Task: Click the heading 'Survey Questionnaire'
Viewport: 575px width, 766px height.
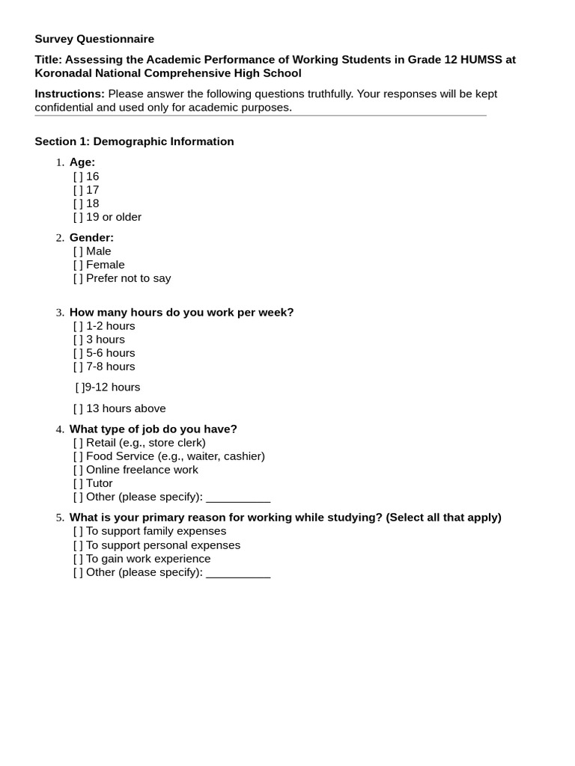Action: click(x=94, y=39)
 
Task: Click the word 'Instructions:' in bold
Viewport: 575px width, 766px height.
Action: click(x=70, y=94)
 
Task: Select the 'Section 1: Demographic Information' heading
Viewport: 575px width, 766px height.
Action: click(x=134, y=141)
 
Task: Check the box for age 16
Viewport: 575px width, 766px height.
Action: click(x=78, y=177)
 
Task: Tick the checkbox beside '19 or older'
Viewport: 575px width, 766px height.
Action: click(x=78, y=217)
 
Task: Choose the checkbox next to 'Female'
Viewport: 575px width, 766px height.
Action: click(x=78, y=265)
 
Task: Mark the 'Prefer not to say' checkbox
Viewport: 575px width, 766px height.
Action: click(x=78, y=278)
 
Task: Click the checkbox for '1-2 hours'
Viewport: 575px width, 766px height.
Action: click(x=78, y=326)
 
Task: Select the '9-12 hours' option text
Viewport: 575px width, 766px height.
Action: click(x=112, y=387)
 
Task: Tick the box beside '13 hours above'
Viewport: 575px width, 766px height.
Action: click(x=78, y=408)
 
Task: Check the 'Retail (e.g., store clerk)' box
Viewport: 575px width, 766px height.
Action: click(x=78, y=443)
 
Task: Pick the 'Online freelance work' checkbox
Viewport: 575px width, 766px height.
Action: click(x=78, y=470)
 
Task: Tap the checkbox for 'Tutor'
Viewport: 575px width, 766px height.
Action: click(x=78, y=483)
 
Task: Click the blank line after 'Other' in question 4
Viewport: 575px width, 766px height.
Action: click(x=238, y=498)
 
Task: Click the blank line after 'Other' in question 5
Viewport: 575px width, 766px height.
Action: click(x=238, y=574)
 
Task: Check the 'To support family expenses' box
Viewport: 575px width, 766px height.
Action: click(x=78, y=531)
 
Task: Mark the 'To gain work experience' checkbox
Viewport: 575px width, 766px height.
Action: click(x=78, y=559)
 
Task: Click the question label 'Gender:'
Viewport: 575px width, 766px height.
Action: click(x=91, y=238)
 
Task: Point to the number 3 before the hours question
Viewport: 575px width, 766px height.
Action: click(x=59, y=313)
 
